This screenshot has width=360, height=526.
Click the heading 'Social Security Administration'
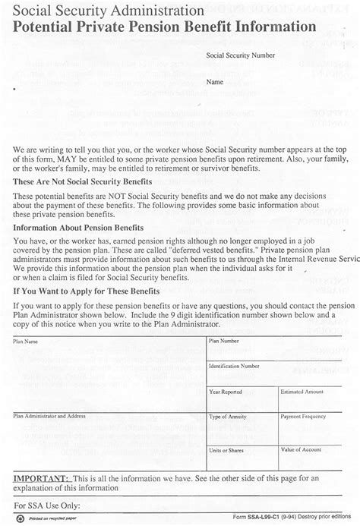(109, 12)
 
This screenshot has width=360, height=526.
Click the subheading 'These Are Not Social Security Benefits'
(83, 182)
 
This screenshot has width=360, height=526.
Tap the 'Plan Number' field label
(225, 342)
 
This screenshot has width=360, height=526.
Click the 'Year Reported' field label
(226, 392)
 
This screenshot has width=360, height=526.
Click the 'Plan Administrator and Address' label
(49, 417)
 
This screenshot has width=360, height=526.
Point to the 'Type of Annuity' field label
(229, 417)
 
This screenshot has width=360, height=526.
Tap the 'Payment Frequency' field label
(303, 417)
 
